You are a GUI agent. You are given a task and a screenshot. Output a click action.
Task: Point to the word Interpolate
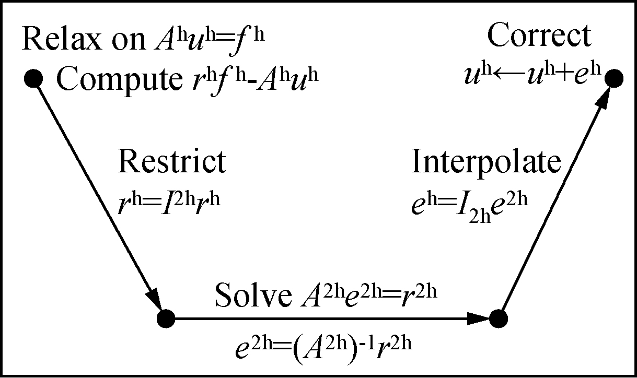tap(486, 162)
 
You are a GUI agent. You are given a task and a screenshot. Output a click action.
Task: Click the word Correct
tap(539, 37)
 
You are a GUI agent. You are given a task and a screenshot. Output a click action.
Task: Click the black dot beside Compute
tap(33, 79)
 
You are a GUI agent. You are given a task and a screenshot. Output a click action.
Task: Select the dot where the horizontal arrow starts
tap(166, 317)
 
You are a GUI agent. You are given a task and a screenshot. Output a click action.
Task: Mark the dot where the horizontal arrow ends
tap(498, 317)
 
